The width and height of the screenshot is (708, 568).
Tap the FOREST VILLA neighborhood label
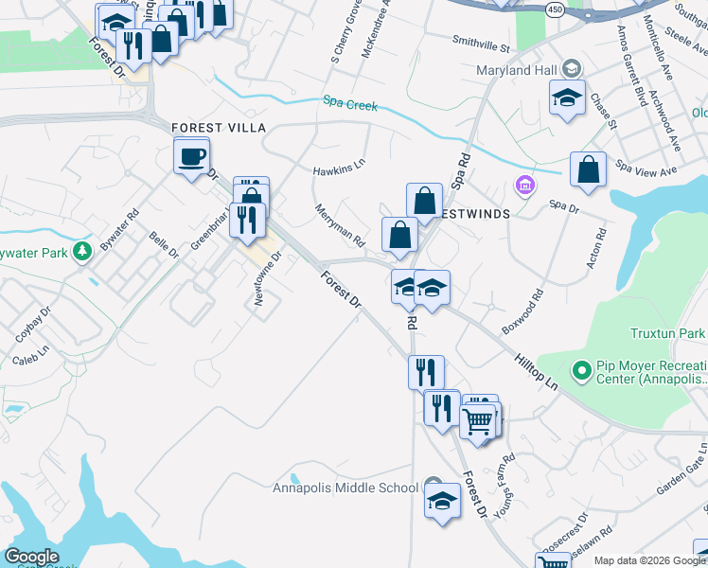218,128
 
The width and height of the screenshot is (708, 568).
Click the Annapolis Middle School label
345,488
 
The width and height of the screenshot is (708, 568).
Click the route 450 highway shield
556,9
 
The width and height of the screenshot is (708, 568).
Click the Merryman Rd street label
340,226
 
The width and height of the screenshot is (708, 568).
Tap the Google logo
31,557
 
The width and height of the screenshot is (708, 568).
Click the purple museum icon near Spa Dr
525,183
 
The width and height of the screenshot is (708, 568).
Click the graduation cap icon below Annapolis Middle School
442,501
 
